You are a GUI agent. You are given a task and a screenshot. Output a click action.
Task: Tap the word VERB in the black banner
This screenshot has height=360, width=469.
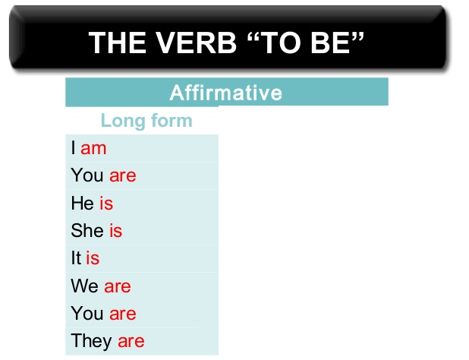point(197,43)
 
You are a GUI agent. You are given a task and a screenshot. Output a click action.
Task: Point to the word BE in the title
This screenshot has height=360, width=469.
point(330,43)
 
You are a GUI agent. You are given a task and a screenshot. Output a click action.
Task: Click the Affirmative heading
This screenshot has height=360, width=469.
point(226,93)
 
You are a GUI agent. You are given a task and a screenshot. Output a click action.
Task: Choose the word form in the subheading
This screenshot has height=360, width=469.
point(172,120)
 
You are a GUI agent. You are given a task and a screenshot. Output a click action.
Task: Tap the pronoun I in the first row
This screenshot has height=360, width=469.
point(74,148)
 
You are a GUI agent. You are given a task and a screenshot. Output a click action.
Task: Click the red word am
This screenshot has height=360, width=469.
point(93,149)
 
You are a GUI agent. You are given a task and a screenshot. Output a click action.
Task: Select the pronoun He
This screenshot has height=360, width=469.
point(83,204)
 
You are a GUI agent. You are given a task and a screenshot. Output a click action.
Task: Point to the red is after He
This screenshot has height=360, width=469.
point(106,204)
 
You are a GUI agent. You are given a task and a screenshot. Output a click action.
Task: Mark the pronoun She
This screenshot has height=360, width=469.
point(87,230)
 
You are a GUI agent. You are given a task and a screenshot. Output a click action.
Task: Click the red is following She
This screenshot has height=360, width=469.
point(116,230)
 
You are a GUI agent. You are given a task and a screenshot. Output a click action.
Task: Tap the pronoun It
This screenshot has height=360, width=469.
point(76,258)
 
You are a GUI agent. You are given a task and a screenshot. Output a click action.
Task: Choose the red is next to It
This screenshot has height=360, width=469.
point(93,258)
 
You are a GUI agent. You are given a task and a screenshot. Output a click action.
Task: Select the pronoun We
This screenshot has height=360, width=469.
point(85,286)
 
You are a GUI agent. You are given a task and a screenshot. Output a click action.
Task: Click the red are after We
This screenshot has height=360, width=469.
point(118,286)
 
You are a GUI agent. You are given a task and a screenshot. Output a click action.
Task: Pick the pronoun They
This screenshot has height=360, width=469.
point(91,341)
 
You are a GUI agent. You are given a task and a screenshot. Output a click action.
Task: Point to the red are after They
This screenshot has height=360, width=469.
point(131,342)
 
